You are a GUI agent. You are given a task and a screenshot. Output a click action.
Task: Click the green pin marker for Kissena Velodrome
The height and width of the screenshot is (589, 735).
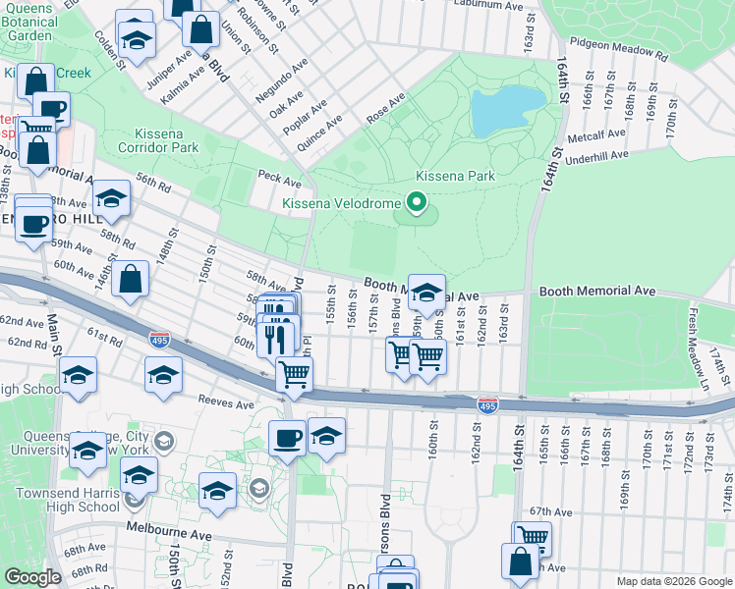(417, 203)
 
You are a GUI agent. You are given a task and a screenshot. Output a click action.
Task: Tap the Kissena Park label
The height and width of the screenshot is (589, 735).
(454, 176)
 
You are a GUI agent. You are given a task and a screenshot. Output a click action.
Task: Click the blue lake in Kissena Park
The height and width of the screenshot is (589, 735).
(506, 111)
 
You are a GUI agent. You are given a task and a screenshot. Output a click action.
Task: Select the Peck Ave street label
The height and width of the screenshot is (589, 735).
(279, 182)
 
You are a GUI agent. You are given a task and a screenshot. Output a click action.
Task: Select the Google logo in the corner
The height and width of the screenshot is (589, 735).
(33, 577)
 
